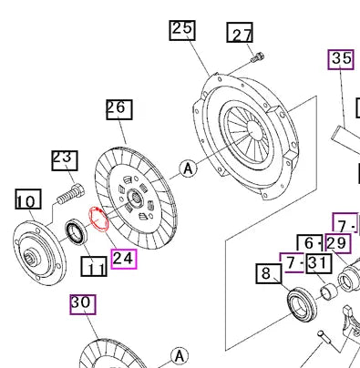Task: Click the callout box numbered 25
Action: [x=182, y=29]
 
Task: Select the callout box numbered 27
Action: [x=241, y=35]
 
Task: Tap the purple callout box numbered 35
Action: [x=341, y=60]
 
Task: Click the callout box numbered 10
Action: [x=26, y=199]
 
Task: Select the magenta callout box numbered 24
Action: [x=123, y=259]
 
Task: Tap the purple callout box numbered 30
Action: [x=81, y=303]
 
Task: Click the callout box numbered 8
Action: [x=266, y=272]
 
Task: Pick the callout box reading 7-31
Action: [x=304, y=263]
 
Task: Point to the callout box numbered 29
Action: [x=337, y=243]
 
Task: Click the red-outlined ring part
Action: [x=97, y=221]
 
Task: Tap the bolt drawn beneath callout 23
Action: [x=70, y=194]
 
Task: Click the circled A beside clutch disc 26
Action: [x=189, y=168]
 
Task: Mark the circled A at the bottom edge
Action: [x=182, y=354]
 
